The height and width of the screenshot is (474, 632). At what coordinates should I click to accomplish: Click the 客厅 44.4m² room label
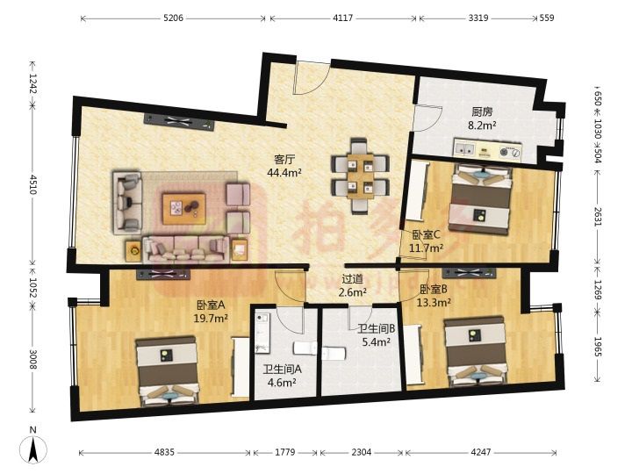click(x=284, y=166)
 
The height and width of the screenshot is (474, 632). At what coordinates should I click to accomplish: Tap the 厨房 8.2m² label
click(x=482, y=118)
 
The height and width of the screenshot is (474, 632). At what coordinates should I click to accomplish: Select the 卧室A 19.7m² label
click(x=211, y=312)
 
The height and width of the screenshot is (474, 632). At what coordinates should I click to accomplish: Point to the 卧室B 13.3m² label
click(x=434, y=296)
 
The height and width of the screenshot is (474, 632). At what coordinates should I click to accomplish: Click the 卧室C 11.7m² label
click(x=427, y=241)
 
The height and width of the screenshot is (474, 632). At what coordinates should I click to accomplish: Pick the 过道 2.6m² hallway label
click(x=352, y=285)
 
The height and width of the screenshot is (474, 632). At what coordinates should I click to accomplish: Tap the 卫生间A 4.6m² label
click(x=282, y=376)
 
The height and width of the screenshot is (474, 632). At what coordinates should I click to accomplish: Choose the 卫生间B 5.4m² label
click(x=376, y=335)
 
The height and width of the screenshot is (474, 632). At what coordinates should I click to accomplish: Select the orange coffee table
click(x=184, y=208)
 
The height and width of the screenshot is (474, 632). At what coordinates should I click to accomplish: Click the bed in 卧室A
click(x=168, y=370)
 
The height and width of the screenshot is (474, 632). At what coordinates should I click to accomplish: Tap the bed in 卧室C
click(x=481, y=198)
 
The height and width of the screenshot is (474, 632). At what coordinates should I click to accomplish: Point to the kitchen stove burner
click(x=504, y=152)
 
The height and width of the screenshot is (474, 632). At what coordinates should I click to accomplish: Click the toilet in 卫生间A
click(x=305, y=348)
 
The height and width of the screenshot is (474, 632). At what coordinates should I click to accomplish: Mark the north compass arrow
click(x=33, y=449)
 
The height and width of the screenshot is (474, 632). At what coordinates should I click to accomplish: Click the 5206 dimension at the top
click(x=174, y=18)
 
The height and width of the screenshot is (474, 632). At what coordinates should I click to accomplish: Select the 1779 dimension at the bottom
click(x=285, y=452)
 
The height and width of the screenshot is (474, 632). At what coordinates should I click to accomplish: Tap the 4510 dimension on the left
click(x=33, y=184)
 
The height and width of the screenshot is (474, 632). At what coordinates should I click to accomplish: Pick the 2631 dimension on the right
click(x=598, y=216)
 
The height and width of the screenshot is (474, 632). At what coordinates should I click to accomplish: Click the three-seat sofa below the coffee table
click(x=186, y=250)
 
